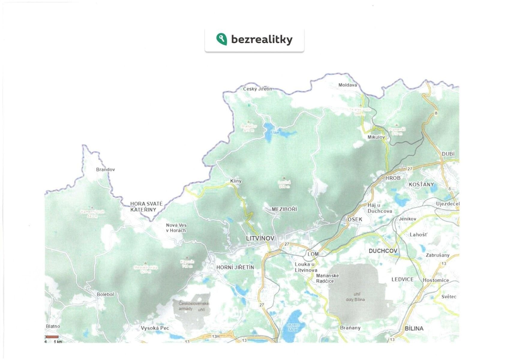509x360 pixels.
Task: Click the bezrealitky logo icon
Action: (x=221, y=39)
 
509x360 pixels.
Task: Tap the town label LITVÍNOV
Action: (x=260, y=238)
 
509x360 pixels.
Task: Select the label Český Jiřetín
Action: (x=257, y=89)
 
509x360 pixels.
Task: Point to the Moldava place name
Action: (x=348, y=85)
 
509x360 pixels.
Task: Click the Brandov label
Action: (x=105, y=169)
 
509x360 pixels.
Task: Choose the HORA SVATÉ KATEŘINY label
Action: (x=146, y=207)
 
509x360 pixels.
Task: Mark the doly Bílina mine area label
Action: (x=355, y=299)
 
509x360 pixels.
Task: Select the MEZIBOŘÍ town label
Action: (x=284, y=209)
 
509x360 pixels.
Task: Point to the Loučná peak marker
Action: (x=284, y=178)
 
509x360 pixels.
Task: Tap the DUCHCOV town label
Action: (x=383, y=251)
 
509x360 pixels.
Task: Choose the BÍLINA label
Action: (x=414, y=328)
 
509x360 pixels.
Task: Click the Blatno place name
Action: (x=53, y=326)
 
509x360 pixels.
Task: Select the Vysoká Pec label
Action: (x=155, y=328)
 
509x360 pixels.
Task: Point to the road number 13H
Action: (x=216, y=336)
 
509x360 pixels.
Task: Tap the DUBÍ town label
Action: (x=448, y=154)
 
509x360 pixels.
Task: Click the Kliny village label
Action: (x=235, y=181)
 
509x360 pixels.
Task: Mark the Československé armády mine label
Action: (x=193, y=306)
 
